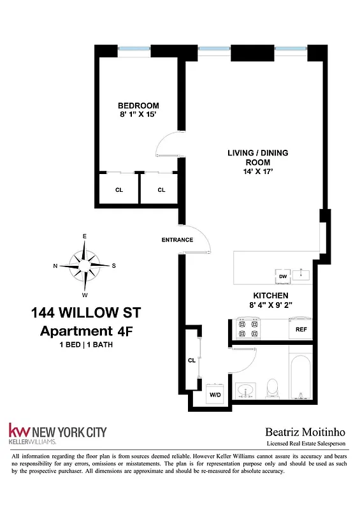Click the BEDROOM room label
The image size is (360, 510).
click(x=138, y=106)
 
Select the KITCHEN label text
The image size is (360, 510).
click(x=271, y=295)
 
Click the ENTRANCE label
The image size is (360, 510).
click(x=177, y=240)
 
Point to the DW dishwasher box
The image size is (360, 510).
click(x=282, y=276)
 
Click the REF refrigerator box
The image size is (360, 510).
click(x=301, y=330)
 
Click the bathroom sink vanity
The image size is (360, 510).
click(x=246, y=390)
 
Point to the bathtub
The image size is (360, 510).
click(x=300, y=376)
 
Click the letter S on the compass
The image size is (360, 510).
click(x=114, y=266)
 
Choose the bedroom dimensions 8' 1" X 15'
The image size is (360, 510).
click(x=138, y=116)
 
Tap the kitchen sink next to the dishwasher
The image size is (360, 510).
click(x=303, y=275)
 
